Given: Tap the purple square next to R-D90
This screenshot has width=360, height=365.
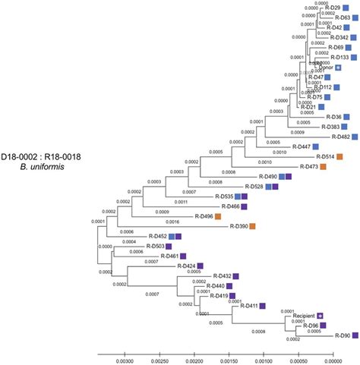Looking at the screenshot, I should (355, 335).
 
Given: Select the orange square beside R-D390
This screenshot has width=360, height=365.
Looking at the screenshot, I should (252, 226).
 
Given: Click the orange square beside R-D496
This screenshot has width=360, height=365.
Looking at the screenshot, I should (218, 216).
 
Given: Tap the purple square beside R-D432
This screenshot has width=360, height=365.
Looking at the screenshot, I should (235, 275).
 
